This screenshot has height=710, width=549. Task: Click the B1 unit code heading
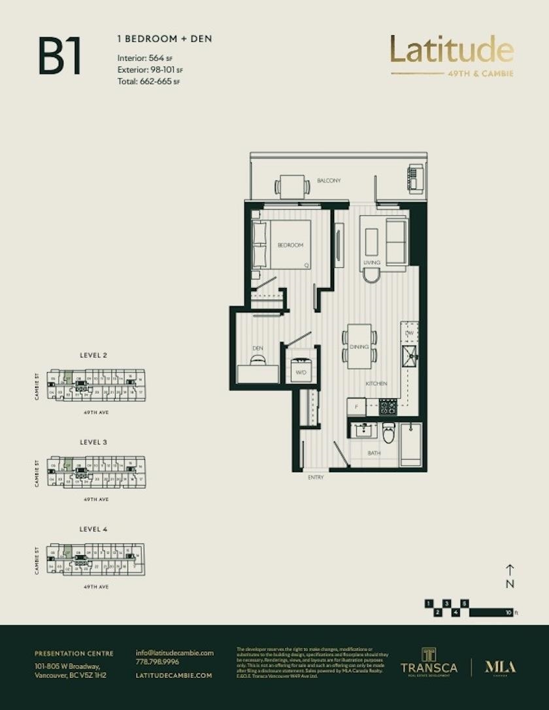59,57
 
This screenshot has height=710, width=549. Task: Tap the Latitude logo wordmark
452,50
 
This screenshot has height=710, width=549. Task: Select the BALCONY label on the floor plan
329,181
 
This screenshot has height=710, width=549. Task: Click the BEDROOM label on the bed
290,245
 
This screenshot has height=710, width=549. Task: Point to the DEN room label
258,348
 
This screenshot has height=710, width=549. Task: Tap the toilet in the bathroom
389,432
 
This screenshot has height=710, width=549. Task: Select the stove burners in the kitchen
388,407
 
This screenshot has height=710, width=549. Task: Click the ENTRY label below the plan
316,477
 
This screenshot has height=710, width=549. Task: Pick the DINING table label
359,347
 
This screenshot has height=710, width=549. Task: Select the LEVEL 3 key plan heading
93,442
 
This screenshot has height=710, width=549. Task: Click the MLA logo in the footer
500,667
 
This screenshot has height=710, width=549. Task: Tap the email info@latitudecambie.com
175,653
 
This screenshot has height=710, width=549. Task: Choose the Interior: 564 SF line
144,58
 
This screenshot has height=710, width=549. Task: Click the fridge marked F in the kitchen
356,406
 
